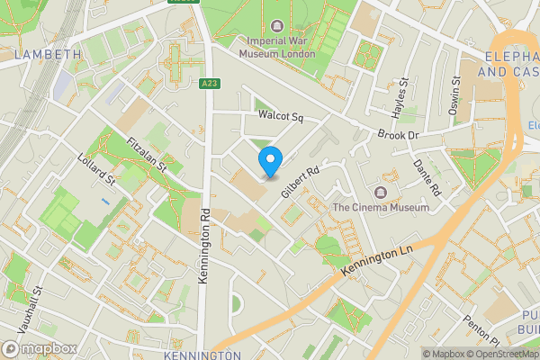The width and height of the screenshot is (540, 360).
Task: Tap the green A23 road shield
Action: pyautogui.click(x=208, y=84)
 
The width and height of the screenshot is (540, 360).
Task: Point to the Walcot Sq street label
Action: pyautogui.click(x=282, y=117)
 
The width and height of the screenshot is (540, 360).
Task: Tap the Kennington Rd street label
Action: pyautogui.click(x=205, y=248)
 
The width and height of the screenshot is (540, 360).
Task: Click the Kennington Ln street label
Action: pyautogui.click(x=377, y=260)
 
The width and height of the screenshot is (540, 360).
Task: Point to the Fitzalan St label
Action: pyautogui.click(x=147, y=154)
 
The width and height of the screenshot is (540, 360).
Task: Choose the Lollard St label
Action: pyautogui.click(x=98, y=168)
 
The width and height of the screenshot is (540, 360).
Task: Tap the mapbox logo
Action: pyautogui.click(x=38, y=348)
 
